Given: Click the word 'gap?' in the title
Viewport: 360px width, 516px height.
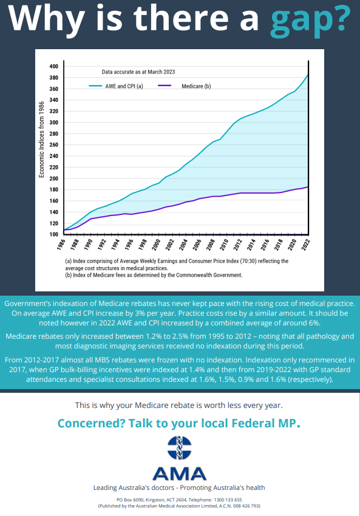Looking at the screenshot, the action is tap(310, 21).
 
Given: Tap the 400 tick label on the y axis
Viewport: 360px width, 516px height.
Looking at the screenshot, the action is tap(53, 66).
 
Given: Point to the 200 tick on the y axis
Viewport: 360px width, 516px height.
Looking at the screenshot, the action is tap(53, 178).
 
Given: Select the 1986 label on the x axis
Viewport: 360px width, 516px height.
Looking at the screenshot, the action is tap(61, 245).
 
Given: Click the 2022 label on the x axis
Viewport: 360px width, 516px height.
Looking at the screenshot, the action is tap(306, 245).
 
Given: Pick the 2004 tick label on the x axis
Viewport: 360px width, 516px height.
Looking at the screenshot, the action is tap(183, 245).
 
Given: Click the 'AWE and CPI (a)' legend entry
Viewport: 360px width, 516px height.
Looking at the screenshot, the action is tap(116, 86).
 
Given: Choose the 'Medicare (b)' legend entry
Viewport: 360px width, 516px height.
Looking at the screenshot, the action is tap(185, 86).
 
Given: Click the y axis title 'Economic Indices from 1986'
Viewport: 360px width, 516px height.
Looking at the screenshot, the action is tap(41, 140).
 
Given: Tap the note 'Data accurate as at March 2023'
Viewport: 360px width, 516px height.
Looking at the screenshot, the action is tap(138, 72).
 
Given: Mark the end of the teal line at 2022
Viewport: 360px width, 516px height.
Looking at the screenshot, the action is tap(308, 75).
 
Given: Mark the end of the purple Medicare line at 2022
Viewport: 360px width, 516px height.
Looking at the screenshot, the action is tap(308, 186).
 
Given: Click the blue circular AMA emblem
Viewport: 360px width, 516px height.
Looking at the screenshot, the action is tap(179, 448).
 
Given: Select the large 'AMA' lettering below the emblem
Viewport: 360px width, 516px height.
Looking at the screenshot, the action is tap(180, 474).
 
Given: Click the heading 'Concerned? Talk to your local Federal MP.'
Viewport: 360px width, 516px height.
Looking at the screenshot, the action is tap(179, 423).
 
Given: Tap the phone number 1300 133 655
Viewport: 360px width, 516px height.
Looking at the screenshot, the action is tap(228, 500).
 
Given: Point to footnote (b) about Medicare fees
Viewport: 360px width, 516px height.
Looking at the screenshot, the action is tap(154, 275).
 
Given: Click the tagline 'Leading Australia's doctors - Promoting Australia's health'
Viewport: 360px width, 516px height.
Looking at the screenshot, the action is tap(179, 487).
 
